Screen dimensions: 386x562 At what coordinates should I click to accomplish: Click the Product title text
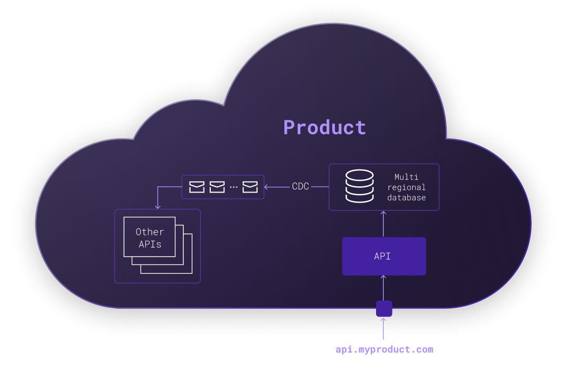(x=325, y=127)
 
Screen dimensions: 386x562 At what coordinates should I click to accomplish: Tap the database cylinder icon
(x=360, y=186)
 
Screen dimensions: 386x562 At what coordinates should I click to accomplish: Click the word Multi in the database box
(x=406, y=177)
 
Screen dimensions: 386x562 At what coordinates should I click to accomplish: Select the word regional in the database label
(x=406, y=187)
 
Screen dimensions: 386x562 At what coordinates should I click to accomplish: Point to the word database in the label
(x=406, y=198)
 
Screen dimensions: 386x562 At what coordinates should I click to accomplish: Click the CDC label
(x=300, y=187)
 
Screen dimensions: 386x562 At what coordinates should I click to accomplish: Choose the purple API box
(x=384, y=256)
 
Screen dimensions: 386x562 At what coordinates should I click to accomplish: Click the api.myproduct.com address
(x=384, y=349)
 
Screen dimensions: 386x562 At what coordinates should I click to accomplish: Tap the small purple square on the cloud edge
(x=384, y=309)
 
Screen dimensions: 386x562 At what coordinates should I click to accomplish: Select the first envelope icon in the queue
(x=197, y=187)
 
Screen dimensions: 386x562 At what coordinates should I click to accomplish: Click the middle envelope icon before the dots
(x=217, y=187)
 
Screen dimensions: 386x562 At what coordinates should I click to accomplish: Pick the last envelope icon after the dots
(x=250, y=187)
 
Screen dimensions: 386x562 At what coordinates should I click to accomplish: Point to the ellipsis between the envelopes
(x=233, y=187)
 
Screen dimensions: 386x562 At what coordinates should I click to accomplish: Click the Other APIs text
(x=150, y=238)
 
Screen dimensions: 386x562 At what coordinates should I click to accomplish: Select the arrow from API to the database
(x=383, y=223)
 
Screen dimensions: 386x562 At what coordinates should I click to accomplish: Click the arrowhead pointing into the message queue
(x=266, y=187)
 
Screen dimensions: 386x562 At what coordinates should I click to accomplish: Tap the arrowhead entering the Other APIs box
(x=158, y=206)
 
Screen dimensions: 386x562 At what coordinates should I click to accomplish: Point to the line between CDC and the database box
(x=319, y=187)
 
